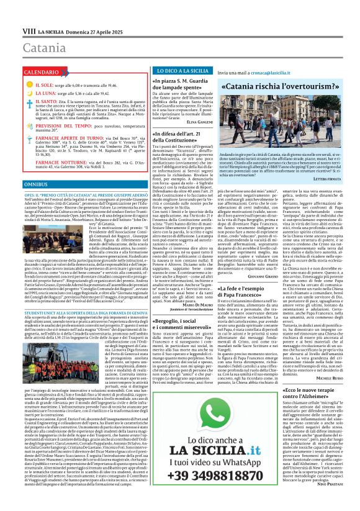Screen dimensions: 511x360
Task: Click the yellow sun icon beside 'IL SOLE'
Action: tap(29, 83)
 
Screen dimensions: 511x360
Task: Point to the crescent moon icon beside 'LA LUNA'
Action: tap(29, 92)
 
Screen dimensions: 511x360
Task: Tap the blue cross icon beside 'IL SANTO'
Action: tap(29, 101)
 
